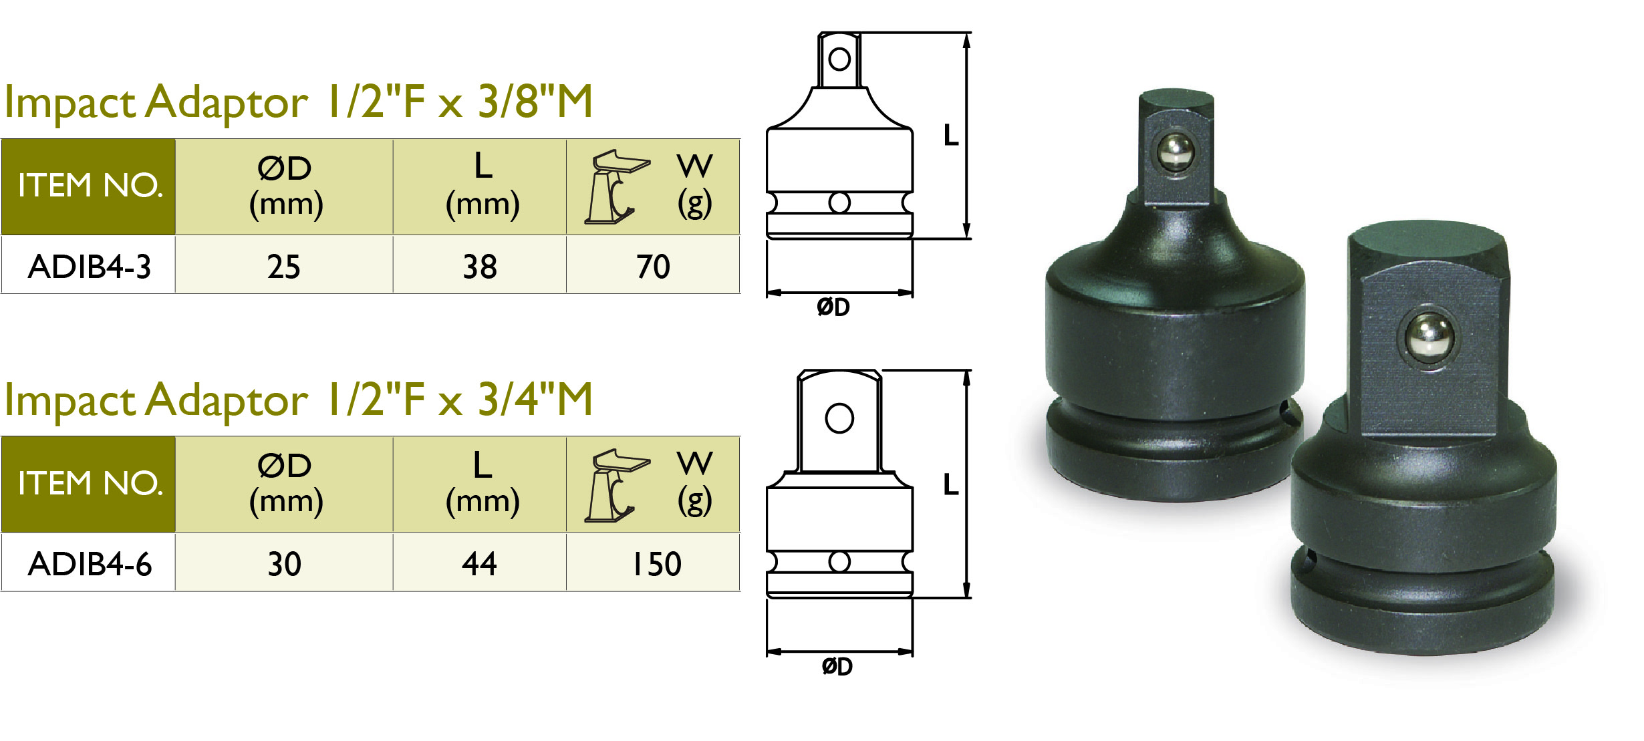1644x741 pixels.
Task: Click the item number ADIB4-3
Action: coord(90,267)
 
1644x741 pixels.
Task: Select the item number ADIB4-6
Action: coord(90,564)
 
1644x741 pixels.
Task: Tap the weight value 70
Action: coord(653,267)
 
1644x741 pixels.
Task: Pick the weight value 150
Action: coord(656,564)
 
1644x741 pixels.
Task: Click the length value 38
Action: coord(480,267)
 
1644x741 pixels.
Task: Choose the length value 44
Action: coord(479,564)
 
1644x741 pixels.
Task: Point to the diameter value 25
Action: coord(284,267)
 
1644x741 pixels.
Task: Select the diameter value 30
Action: coord(285,564)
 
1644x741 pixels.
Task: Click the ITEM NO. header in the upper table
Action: coord(90,185)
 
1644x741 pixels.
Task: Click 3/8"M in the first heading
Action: coord(535,102)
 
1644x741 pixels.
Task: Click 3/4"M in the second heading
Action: coord(535,400)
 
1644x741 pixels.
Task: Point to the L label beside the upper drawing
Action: coord(950,136)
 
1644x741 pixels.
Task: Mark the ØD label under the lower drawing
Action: coord(837,666)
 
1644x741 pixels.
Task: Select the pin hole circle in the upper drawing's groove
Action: coord(839,202)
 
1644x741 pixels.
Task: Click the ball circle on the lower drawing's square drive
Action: coord(839,419)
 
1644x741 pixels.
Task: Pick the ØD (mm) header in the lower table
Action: coord(285,482)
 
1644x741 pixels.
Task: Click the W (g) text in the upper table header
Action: coord(695,185)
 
